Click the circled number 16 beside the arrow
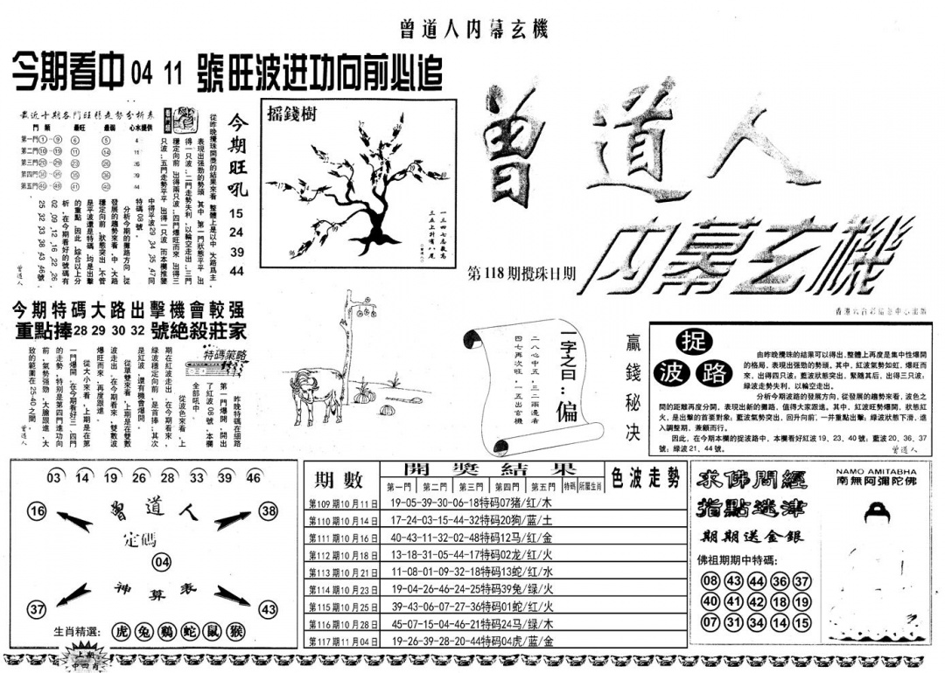pyautogui.click(x=37, y=511)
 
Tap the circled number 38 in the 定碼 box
pyautogui.click(x=269, y=511)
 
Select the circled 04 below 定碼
pyautogui.click(x=161, y=561)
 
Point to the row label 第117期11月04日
pyautogui.click(x=343, y=642)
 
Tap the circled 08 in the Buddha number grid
pyautogui.click(x=710, y=582)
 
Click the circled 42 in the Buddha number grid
pyautogui.click(x=758, y=602)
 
